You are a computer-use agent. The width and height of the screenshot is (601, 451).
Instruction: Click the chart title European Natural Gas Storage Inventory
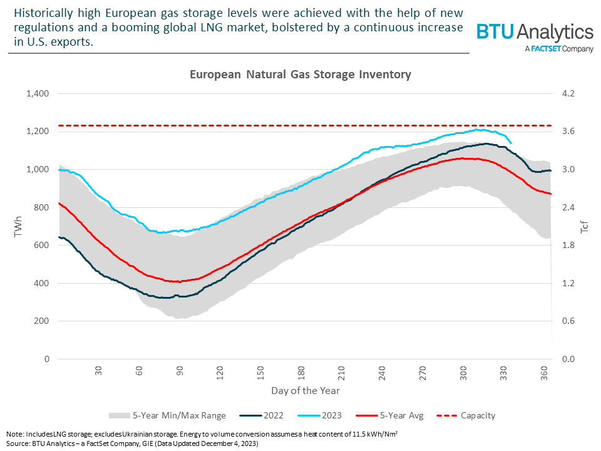point(300,75)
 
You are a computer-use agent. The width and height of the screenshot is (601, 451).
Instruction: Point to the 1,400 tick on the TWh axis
point(38,93)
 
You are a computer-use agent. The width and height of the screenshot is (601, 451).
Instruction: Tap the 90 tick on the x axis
point(180,371)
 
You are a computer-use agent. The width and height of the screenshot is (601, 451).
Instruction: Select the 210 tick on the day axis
point(342,371)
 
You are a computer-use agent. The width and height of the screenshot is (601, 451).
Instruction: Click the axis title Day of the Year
point(306,391)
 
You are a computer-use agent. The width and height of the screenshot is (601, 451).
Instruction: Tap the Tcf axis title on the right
point(585,226)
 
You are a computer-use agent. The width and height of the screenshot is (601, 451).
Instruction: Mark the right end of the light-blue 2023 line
point(511,143)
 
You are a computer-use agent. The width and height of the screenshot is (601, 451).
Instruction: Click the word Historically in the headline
point(44,14)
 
